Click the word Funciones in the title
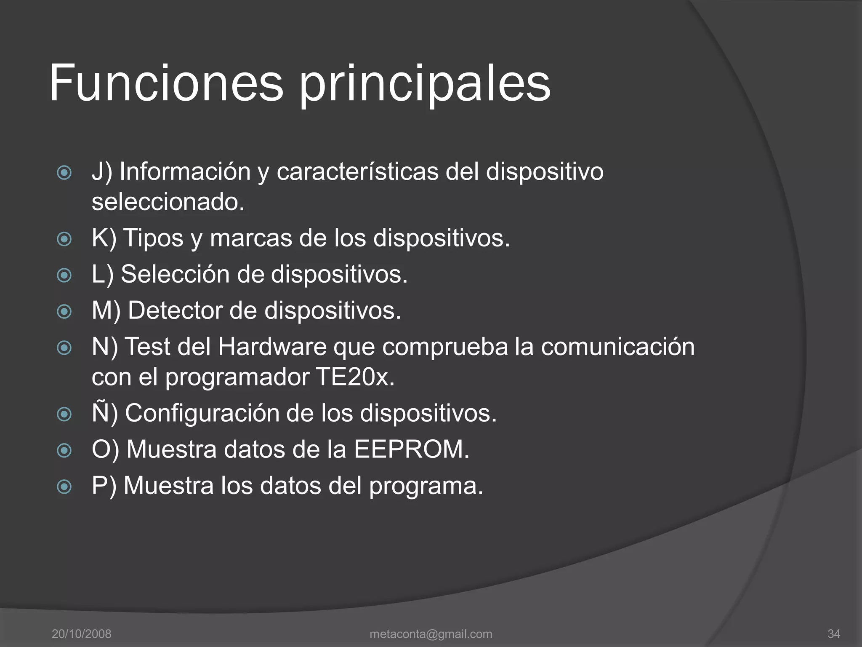point(166,83)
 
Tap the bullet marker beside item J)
point(64,172)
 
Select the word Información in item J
point(185,172)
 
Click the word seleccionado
point(168,202)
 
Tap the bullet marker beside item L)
point(64,275)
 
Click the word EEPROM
point(411,449)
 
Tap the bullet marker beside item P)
point(64,487)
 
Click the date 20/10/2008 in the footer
point(81,634)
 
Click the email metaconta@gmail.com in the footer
point(431,634)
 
